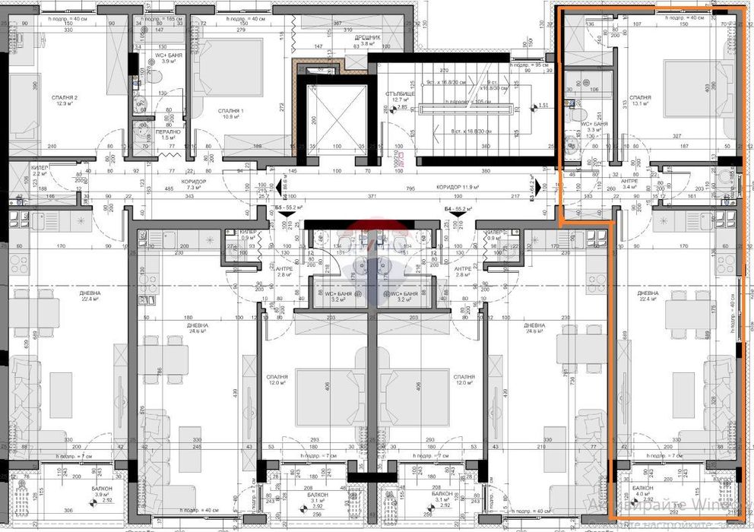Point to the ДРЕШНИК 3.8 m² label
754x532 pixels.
(x=369, y=40)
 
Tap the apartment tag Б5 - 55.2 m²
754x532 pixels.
(x=289, y=207)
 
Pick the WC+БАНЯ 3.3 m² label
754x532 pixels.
(x=591, y=127)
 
